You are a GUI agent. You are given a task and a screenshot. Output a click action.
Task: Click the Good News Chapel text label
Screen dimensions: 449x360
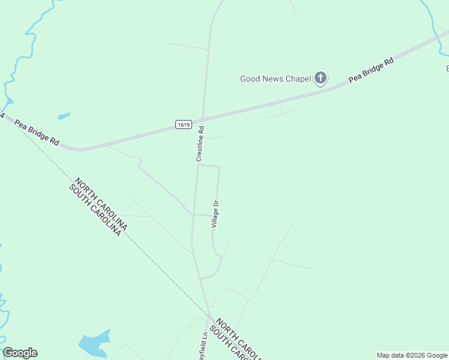pos(276,79)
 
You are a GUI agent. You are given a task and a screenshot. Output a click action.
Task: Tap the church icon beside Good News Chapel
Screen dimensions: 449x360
pos(321,77)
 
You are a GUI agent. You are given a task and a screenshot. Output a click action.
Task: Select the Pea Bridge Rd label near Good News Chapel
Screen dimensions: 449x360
pos(371,71)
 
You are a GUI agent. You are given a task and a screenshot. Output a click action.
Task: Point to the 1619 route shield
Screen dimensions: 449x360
pos(184,125)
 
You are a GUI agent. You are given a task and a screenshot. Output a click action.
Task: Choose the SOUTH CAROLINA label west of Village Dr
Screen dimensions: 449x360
pos(95,210)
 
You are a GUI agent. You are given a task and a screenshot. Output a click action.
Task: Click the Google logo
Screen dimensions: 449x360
pos(20,353)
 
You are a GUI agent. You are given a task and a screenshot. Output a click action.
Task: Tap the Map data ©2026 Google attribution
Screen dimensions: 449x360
pos(412,355)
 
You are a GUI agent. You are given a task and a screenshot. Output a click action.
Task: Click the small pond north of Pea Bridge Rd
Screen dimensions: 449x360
pos(64,116)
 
